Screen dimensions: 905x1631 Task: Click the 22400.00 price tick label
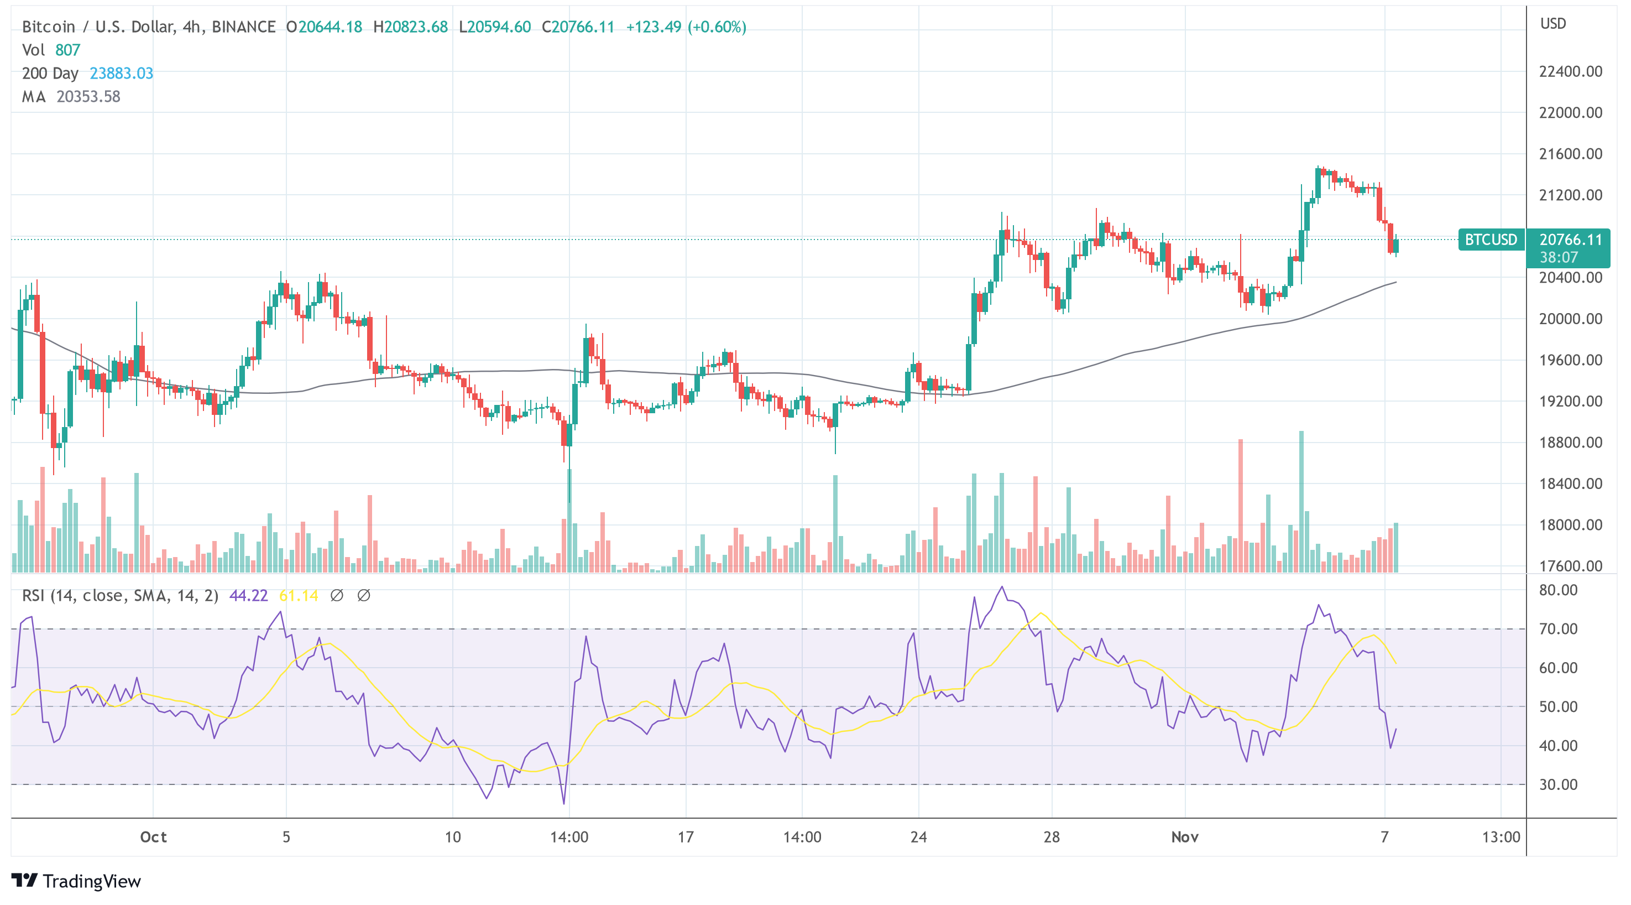pos(1570,71)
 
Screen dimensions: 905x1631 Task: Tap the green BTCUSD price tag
pos(1491,240)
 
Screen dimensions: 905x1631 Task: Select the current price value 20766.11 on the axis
pos(1570,240)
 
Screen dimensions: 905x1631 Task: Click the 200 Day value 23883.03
pos(122,74)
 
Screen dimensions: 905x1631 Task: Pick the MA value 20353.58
pos(88,97)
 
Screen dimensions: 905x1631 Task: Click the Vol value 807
pos(68,50)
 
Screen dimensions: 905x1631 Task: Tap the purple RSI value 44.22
pos(248,596)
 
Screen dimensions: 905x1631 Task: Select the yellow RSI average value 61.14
pos(298,596)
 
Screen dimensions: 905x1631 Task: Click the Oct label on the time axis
pos(153,838)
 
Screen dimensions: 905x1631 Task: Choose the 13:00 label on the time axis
pos(1501,838)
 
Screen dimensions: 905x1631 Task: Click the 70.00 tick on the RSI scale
pos(1558,629)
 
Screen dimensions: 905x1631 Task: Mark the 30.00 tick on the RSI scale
pos(1558,784)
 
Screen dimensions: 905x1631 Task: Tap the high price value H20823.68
pos(410,27)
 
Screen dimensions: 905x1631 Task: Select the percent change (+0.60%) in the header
pos(717,27)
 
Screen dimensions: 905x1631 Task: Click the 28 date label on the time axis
pos(1052,838)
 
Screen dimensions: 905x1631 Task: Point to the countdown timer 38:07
pos(1558,257)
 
